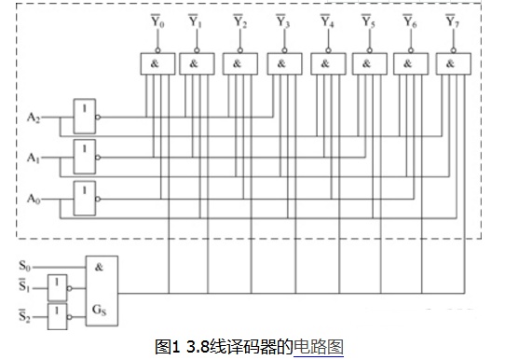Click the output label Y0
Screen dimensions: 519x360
157,21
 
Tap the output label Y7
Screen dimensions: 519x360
453,21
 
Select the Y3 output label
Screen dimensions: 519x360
283,21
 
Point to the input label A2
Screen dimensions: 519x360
34,118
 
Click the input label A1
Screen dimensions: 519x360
34,158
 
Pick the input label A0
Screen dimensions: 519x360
34,199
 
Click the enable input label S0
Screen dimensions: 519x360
24,266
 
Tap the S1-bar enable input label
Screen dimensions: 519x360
24,285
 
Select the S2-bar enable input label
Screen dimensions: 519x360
24,315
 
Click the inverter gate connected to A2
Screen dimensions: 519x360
85,117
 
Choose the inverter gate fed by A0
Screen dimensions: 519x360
85,199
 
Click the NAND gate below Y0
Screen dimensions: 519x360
157,64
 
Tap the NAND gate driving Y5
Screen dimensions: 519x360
369,64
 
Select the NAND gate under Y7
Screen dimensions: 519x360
454,64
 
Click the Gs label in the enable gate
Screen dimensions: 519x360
99,310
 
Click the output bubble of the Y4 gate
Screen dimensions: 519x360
328,50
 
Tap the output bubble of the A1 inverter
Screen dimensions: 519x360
98,158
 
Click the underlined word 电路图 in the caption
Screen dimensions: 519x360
319,347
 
